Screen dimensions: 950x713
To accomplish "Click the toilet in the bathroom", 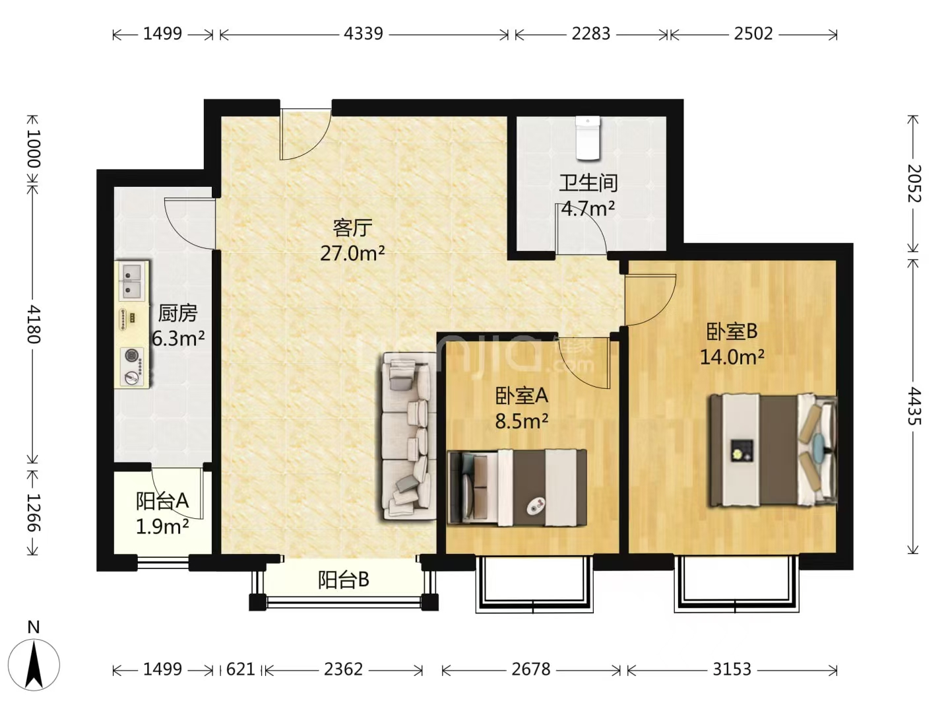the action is (588, 138).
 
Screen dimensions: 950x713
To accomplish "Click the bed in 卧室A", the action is (517, 488).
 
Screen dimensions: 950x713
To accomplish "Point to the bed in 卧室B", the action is (773, 450).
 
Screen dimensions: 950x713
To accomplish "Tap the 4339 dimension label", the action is (364, 34).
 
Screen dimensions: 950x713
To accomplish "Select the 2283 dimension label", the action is (590, 34).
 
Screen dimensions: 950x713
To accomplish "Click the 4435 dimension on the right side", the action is (914, 406).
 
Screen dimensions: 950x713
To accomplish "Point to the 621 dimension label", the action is (241, 669).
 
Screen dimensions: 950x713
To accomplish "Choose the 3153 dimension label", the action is (732, 669).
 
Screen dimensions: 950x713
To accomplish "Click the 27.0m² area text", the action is (352, 254).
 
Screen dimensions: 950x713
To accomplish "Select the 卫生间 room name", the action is (588, 183).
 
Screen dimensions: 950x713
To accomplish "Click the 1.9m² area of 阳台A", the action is (162, 527).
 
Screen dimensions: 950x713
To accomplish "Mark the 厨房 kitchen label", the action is (177, 313).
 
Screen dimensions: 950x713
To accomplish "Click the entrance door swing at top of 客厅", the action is (305, 134).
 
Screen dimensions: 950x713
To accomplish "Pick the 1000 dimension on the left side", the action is (34, 148).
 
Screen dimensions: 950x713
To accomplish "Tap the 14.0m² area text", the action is (732, 357).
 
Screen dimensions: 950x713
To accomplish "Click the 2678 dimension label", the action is (531, 669).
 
